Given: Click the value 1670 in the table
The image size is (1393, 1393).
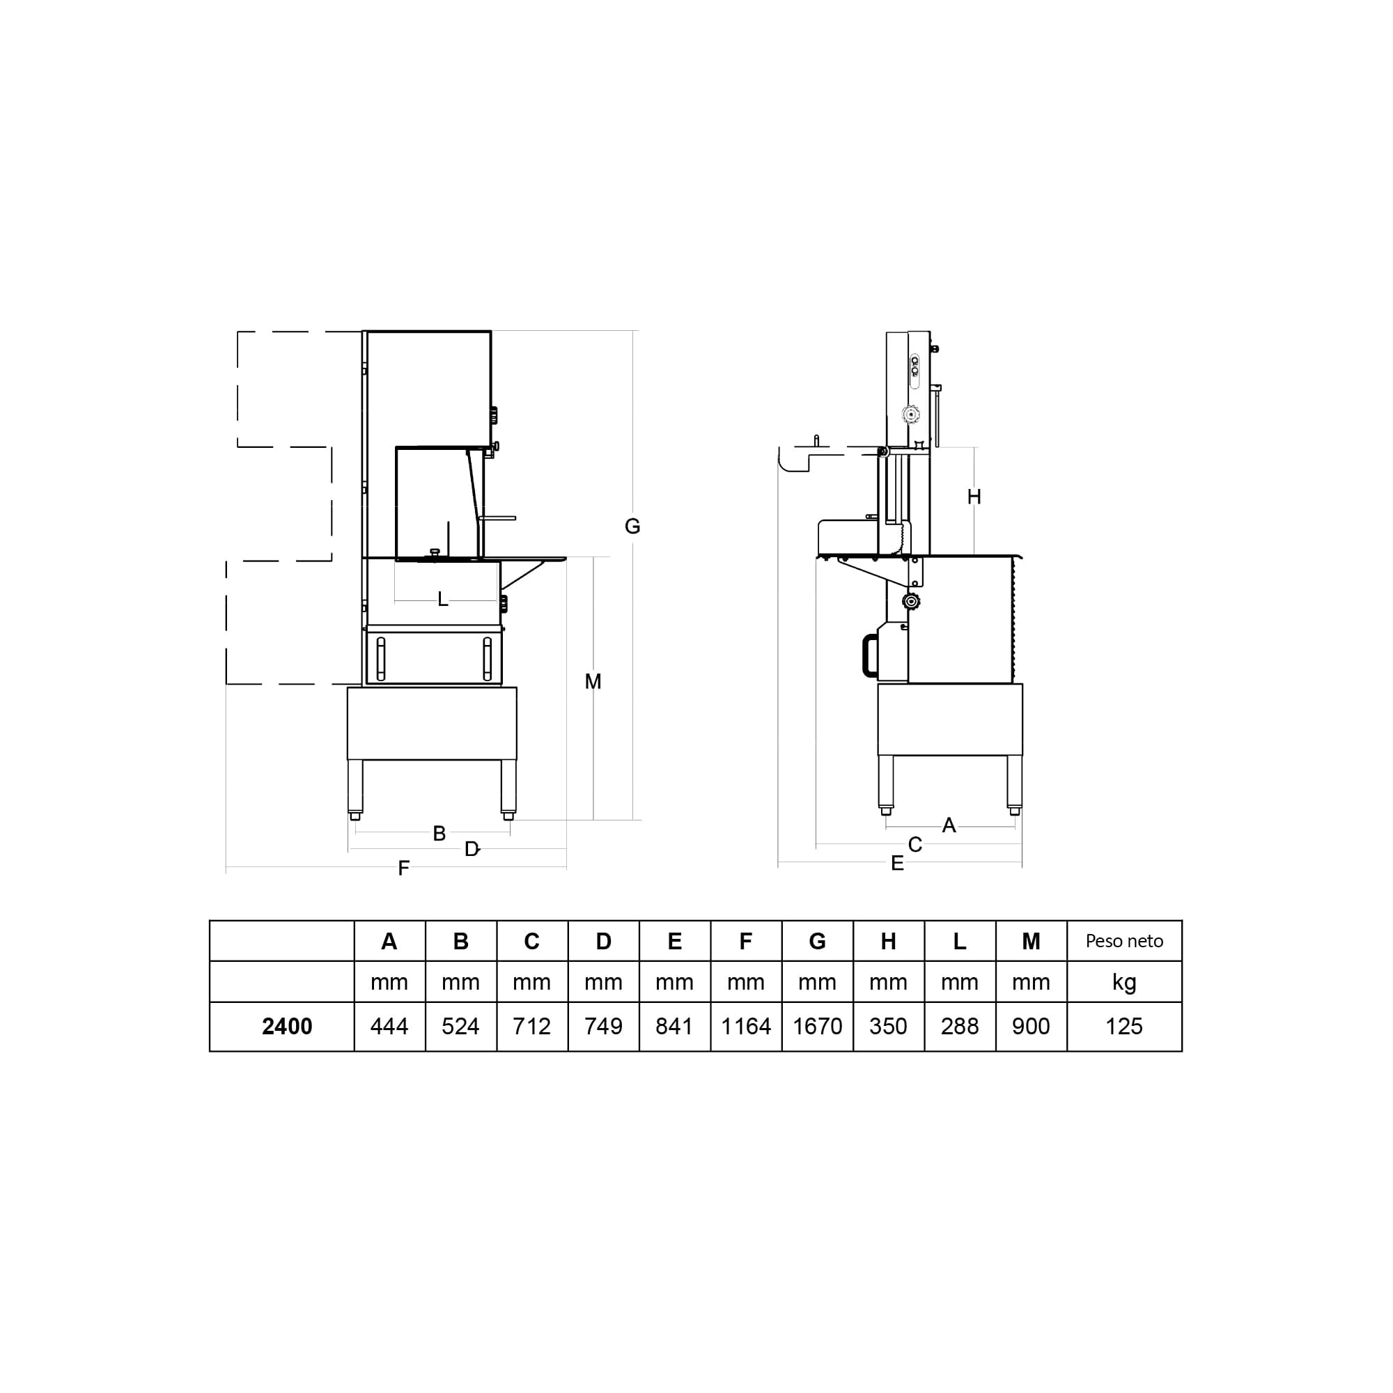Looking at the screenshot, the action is coord(817,1026).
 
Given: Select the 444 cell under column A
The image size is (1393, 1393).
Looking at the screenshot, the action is coord(389,1026).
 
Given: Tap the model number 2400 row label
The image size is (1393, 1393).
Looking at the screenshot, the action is coord(287,1026).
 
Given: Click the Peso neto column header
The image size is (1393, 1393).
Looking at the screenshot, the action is coord(1124,941).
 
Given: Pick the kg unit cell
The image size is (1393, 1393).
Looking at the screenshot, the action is coord(1124,983).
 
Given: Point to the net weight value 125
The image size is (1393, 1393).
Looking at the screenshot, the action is coord(1124,1026).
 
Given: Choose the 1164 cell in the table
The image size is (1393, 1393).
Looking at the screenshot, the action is coord(746,1026).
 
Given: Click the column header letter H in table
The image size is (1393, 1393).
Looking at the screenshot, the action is coord(888,941).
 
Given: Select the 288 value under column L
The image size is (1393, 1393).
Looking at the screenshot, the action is coord(960,1026).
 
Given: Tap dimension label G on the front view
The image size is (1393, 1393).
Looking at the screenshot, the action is coord(632,527).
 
